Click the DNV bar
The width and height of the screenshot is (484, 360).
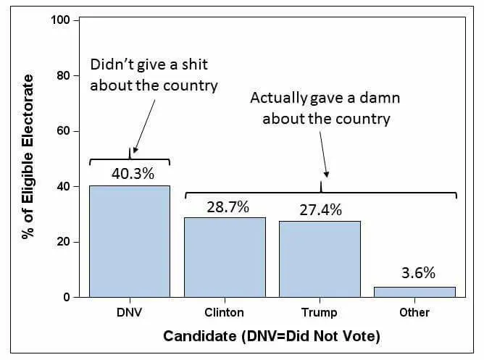click(x=130, y=241)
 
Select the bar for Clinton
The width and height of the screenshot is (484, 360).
click(x=225, y=257)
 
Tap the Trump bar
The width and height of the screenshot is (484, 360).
click(x=320, y=259)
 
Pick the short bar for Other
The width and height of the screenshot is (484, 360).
click(x=414, y=292)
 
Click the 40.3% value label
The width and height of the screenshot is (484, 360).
click(x=133, y=174)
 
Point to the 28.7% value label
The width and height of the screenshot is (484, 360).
click(x=228, y=207)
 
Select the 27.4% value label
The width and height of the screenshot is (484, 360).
click(x=321, y=210)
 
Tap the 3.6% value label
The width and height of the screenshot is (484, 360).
click(x=418, y=272)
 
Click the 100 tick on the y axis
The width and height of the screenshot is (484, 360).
click(x=61, y=20)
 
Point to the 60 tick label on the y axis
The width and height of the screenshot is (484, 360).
click(x=63, y=131)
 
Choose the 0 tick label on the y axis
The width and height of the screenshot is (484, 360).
click(x=67, y=298)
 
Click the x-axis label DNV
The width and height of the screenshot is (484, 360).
click(x=130, y=312)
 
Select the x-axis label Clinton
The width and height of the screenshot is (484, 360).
click(x=225, y=312)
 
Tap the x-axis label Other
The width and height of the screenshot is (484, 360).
click(x=414, y=312)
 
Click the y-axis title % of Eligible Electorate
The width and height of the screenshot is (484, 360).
click(x=28, y=156)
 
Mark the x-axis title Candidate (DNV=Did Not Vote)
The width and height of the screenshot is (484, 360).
click(x=272, y=336)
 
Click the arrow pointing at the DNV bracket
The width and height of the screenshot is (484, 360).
click(x=144, y=126)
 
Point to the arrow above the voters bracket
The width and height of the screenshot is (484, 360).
click(x=324, y=154)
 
